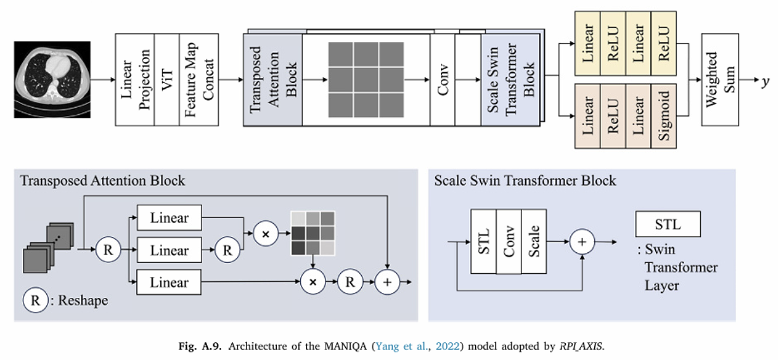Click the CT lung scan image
(52, 80)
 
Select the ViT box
(167, 80)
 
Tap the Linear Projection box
(135, 80)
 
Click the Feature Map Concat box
(199, 80)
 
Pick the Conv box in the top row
(442, 80)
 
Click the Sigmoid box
(664, 116)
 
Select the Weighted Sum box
(720, 80)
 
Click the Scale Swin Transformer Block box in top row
(511, 80)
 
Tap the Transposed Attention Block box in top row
(272, 80)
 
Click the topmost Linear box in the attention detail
(170, 218)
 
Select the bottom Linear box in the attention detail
(169, 282)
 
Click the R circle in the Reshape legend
(35, 300)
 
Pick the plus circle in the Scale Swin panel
(582, 242)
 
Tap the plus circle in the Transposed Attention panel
(387, 282)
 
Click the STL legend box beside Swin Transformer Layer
(668, 224)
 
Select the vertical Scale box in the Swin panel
(534, 241)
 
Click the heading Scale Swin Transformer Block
(525, 181)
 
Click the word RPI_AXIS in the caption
(581, 347)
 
